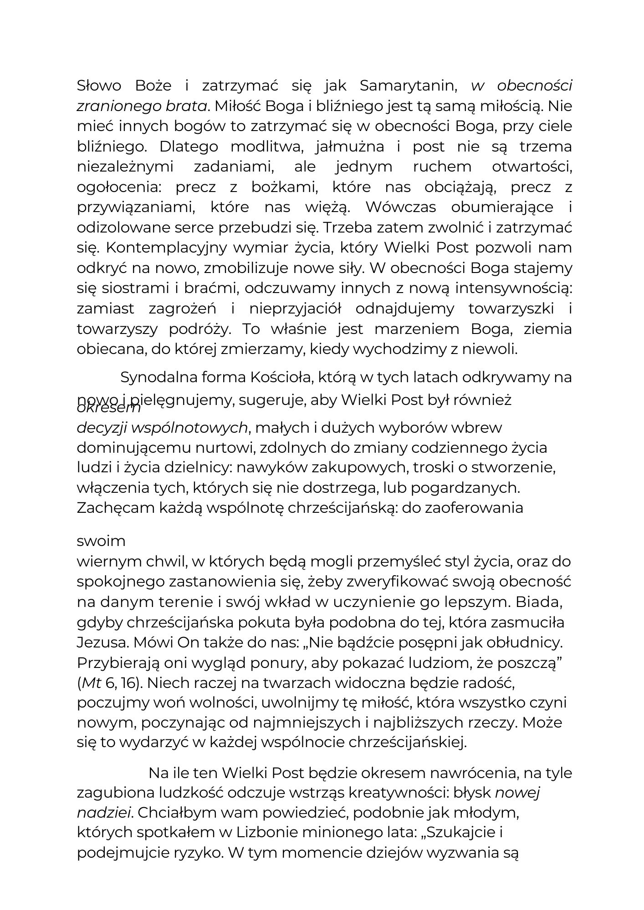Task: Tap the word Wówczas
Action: [400, 207]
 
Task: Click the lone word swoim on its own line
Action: [101, 541]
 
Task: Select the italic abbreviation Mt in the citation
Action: [91, 682]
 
